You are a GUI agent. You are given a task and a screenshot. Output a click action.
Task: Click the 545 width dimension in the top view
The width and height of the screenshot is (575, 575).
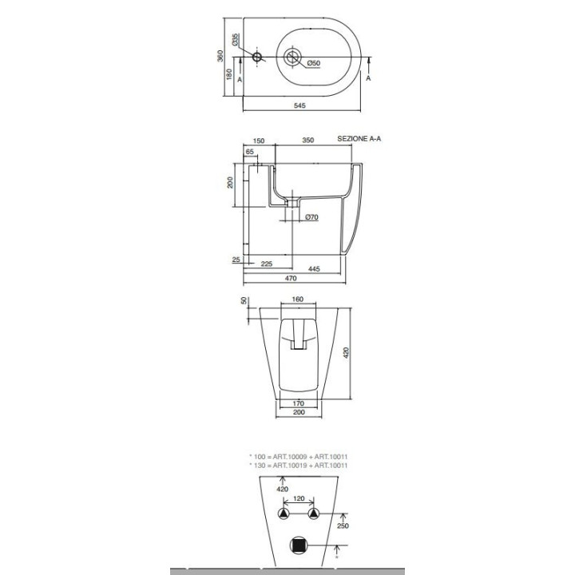tap(299, 105)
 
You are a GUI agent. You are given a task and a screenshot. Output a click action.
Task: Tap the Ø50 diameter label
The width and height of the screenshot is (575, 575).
tap(314, 64)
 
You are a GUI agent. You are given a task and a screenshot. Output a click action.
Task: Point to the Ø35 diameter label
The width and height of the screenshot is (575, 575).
tap(236, 42)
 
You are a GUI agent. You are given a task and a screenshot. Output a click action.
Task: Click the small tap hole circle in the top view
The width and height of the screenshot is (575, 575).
tap(257, 57)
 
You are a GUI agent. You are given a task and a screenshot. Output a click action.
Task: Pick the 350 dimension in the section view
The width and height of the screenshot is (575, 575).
tap(307, 140)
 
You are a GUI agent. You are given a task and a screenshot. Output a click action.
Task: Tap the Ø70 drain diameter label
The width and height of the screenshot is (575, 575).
tap(312, 216)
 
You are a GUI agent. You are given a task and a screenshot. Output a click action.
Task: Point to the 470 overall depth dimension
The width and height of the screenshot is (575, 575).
tap(291, 279)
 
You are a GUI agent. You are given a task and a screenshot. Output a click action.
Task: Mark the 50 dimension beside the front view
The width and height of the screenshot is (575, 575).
tap(244, 300)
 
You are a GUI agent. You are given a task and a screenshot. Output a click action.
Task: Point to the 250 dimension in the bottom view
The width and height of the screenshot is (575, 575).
tap(340, 526)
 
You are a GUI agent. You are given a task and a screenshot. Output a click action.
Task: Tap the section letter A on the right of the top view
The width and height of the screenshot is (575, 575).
tap(368, 78)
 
